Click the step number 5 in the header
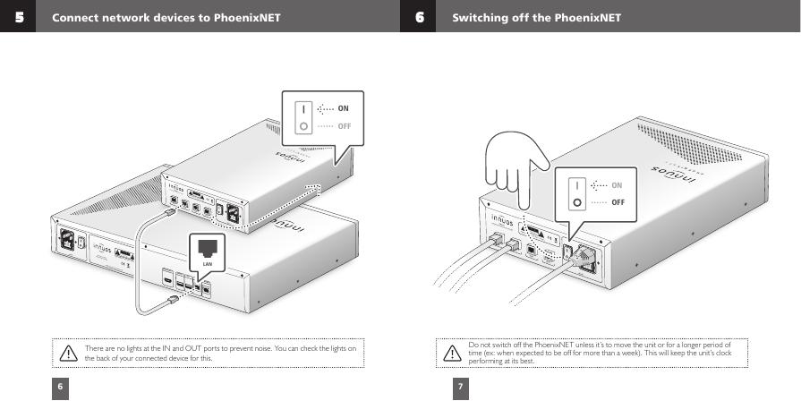(18, 16)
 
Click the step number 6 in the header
(418, 16)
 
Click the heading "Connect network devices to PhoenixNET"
(166, 17)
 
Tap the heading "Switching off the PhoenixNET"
(536, 17)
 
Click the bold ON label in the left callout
(343, 108)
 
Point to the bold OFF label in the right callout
(618, 201)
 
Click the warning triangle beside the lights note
(68, 354)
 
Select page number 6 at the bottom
(60, 387)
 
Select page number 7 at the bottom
(459, 387)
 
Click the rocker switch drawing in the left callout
(303, 116)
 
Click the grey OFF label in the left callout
(344, 125)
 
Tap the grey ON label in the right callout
(617, 184)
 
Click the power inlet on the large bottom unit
(66, 242)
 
